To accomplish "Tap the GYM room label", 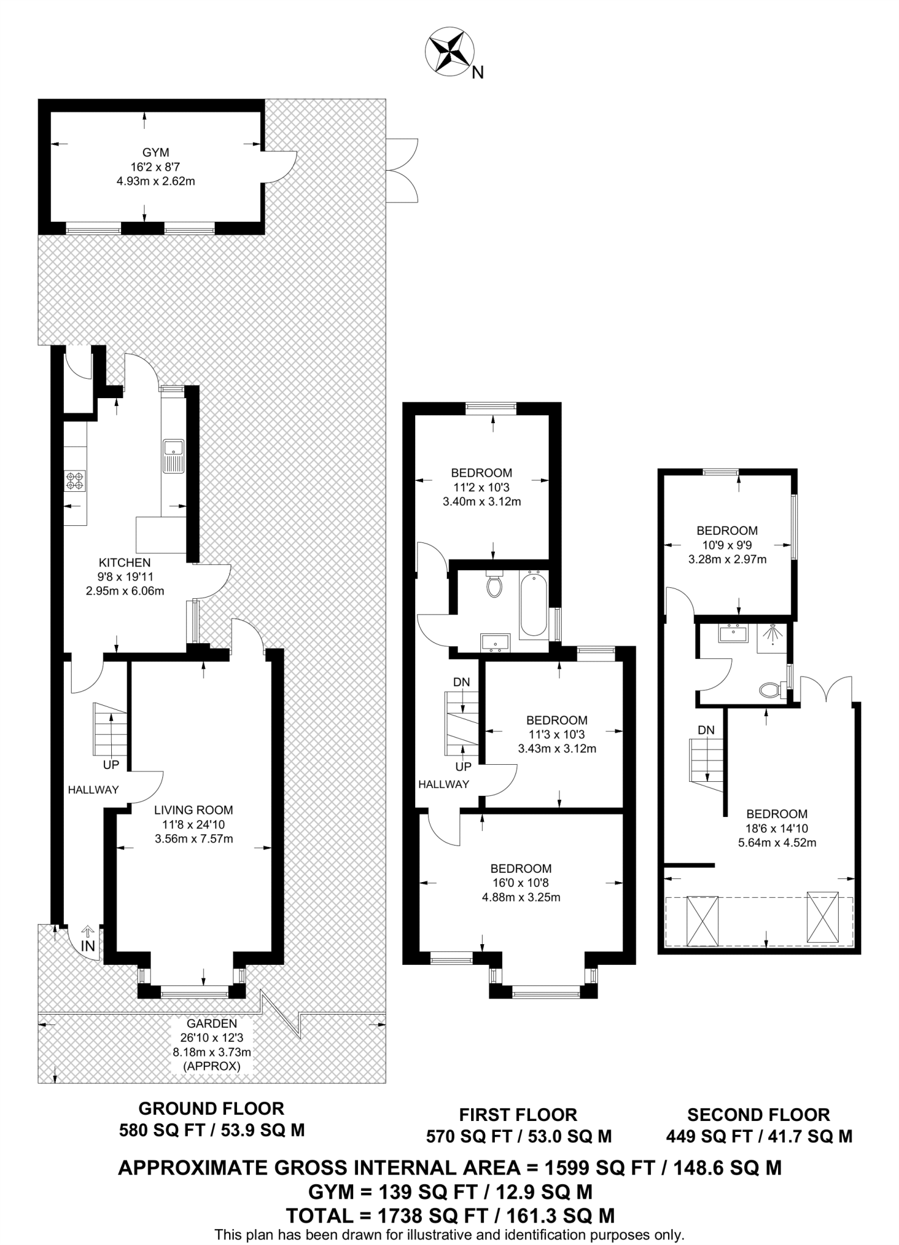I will (x=156, y=153).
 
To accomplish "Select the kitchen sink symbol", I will (x=174, y=455).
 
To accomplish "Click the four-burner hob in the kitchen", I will (x=76, y=481).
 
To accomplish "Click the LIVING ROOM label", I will (x=193, y=810).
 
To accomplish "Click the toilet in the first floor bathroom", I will (x=494, y=585).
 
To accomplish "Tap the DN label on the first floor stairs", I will (x=461, y=682).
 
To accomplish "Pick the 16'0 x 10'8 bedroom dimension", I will (x=521, y=883).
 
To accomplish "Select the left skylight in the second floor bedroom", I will (x=703, y=920).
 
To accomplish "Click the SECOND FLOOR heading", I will (x=758, y=1114).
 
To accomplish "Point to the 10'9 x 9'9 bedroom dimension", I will (x=727, y=545).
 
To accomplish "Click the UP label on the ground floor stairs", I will (x=111, y=764).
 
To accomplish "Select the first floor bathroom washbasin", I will (x=496, y=641).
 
